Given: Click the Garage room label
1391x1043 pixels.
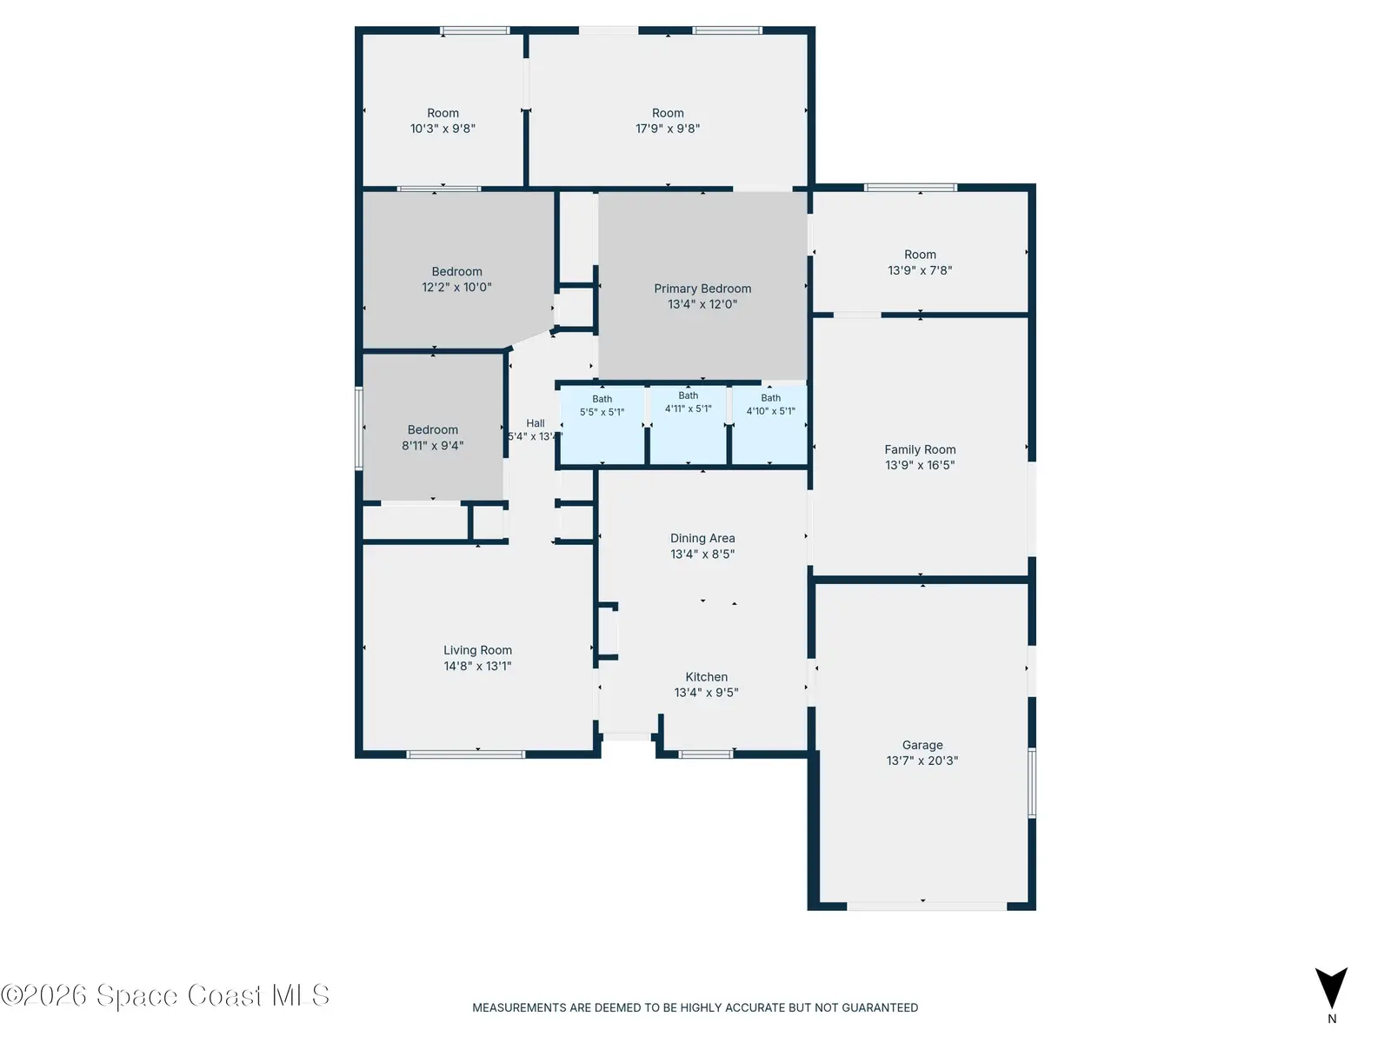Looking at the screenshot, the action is point(922,745).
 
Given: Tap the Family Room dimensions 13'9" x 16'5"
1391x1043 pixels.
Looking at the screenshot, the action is point(920,465).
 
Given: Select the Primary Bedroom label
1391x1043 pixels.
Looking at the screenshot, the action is point(702,289).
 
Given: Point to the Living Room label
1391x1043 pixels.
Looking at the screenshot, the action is point(477,650).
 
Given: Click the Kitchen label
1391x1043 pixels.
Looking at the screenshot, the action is point(706,676).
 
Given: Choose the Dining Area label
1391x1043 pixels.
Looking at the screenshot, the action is point(702,538).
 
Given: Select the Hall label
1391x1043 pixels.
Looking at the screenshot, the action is point(536,423).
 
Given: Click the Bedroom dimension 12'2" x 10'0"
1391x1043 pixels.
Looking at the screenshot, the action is point(456,287).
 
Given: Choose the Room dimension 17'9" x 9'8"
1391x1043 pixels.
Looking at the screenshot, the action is point(668,128).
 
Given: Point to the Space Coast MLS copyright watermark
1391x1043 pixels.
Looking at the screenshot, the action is point(165,995).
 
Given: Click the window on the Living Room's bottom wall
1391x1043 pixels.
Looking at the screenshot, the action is point(465,754).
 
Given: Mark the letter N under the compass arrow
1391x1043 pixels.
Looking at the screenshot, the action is point(1331,1019).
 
